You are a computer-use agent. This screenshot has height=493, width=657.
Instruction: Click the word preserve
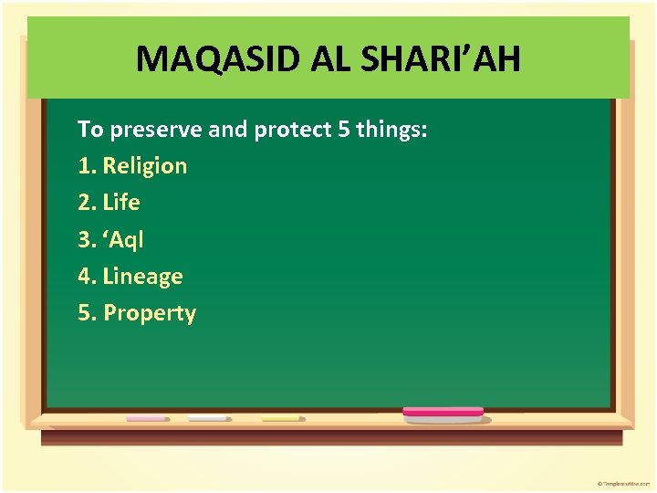click(157, 130)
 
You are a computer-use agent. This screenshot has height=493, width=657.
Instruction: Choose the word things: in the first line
click(391, 130)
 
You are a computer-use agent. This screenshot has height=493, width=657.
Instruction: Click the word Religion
click(145, 166)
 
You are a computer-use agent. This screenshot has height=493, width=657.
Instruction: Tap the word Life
click(121, 203)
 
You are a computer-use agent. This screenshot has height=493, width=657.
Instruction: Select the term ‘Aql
click(123, 240)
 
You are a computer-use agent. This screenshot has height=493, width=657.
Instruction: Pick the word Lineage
click(143, 277)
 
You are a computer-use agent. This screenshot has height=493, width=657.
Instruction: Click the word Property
click(150, 313)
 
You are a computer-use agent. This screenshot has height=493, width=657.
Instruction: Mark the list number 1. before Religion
click(88, 166)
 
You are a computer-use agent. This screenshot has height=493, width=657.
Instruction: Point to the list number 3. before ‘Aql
click(88, 240)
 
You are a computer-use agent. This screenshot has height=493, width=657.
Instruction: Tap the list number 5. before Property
click(88, 313)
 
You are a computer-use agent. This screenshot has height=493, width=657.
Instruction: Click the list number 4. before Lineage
click(88, 277)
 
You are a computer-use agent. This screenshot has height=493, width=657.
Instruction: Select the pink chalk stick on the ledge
click(146, 418)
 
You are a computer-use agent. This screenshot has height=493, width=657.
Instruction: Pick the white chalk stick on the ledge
click(208, 418)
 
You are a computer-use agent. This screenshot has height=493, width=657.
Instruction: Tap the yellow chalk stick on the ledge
click(281, 418)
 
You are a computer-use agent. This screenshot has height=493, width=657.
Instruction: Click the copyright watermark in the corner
click(624, 482)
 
